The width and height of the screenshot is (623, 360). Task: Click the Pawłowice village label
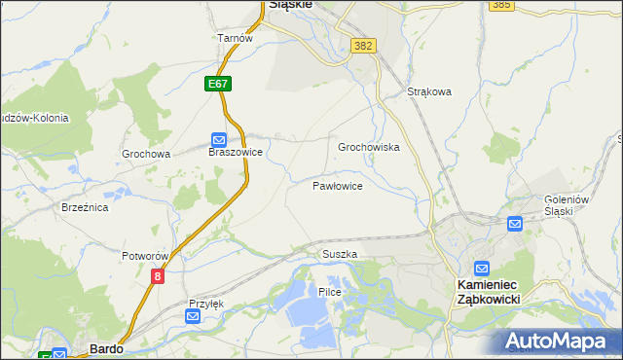(338, 185)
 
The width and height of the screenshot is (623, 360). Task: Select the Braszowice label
(236, 153)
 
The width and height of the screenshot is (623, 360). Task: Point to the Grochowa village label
(146, 154)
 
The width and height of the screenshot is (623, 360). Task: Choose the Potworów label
(146, 256)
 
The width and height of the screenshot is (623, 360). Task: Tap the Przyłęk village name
(206, 303)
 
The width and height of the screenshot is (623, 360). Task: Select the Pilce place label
(329, 292)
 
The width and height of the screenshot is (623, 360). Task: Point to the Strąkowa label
(429, 93)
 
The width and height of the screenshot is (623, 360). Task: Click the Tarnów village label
(235, 38)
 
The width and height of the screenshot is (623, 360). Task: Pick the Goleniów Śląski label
(567, 205)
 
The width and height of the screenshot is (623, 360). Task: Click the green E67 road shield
(218, 85)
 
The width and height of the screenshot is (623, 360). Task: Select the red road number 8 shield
(158, 276)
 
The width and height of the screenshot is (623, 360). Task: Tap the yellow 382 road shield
(364, 46)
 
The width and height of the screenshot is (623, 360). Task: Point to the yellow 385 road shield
(502, 5)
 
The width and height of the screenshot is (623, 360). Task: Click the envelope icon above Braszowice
(219, 139)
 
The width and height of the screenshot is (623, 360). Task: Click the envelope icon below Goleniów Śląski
(515, 224)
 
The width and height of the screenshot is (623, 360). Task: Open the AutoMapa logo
(561, 341)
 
